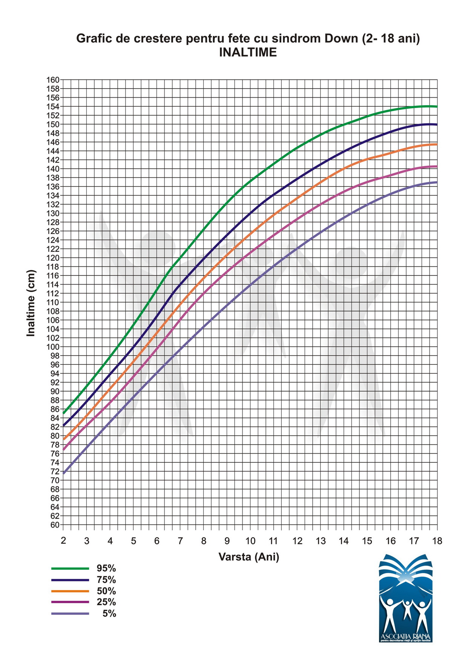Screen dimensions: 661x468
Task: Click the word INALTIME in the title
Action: point(248,52)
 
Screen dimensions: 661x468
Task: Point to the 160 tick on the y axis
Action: point(53,80)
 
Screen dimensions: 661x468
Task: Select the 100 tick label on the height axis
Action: point(53,347)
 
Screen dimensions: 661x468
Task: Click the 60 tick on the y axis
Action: point(55,525)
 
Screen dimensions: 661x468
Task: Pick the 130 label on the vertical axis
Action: point(53,213)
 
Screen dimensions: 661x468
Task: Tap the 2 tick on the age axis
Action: point(63,541)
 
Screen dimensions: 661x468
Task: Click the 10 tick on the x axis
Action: point(250,541)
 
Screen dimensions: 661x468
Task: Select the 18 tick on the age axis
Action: point(437,541)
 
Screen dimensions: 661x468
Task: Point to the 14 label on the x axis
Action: point(344,541)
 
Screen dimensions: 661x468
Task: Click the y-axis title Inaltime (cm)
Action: point(31,303)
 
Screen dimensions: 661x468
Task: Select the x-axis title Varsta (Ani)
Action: point(249,557)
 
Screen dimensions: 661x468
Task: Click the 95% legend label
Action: point(106,568)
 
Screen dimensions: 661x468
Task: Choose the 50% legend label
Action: point(106,591)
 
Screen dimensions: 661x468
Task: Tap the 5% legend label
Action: point(109,614)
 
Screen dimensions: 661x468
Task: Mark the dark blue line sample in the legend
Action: point(70,580)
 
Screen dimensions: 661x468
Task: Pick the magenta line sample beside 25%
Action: point(70,602)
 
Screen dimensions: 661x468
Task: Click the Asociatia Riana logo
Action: point(405,598)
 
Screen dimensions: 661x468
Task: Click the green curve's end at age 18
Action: point(437,107)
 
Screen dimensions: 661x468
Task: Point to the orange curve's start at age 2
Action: point(64,439)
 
